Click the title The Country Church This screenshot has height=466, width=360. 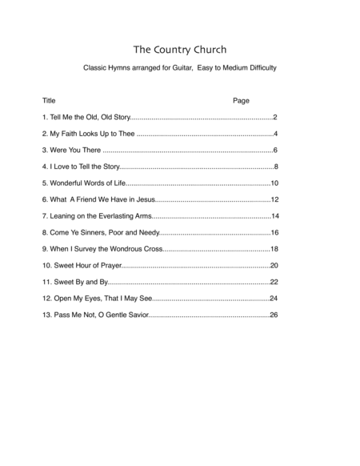[x=179, y=46]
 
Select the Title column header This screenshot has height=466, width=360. [x=49, y=102]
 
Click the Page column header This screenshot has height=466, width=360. [x=241, y=102]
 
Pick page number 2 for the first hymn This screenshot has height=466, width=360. [x=274, y=118]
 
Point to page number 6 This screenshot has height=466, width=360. [x=274, y=151]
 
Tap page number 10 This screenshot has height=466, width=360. [x=273, y=183]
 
